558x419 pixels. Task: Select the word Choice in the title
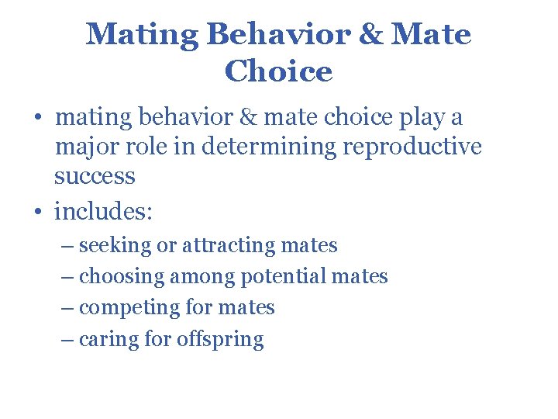278,71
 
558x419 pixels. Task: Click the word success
95,176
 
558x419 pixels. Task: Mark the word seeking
115,246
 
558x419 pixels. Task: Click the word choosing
122,276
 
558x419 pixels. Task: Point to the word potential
284,276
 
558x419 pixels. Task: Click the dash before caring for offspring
67,339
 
